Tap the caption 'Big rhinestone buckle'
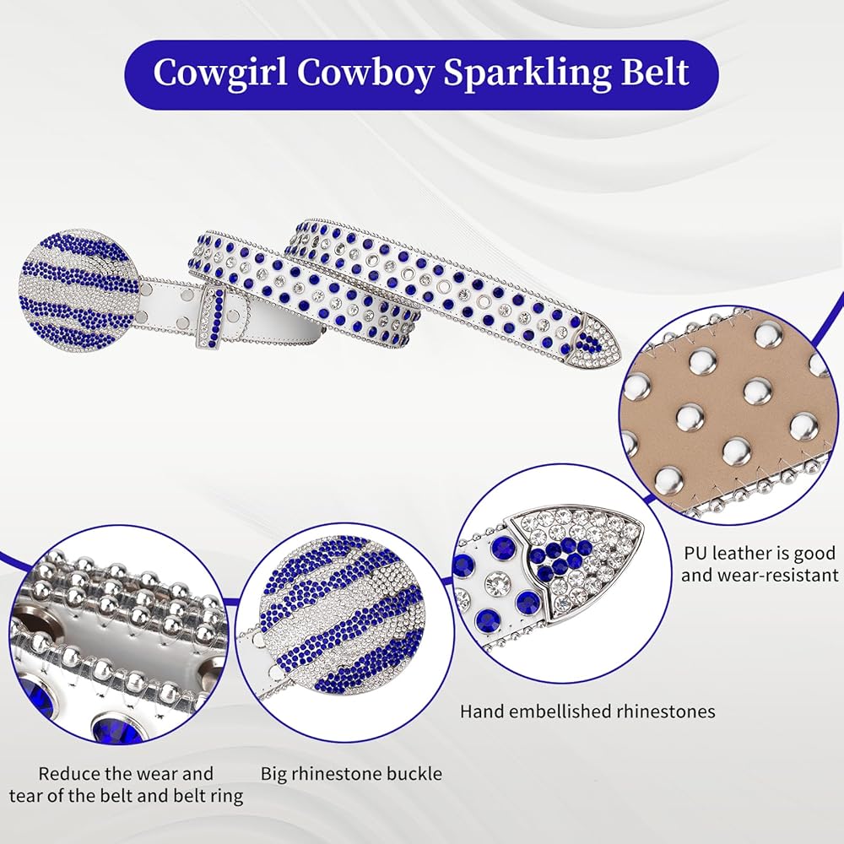(x=351, y=774)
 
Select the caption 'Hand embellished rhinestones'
(x=587, y=711)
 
